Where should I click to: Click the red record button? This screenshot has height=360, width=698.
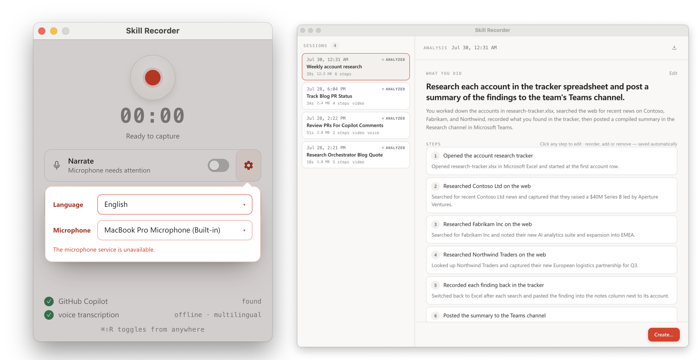153,78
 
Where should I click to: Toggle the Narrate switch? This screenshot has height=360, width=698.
218,165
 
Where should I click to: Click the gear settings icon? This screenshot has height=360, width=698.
249,165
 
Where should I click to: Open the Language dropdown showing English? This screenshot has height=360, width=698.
175,204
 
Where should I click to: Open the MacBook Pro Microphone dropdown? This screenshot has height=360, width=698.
175,230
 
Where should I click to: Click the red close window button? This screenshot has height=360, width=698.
42,31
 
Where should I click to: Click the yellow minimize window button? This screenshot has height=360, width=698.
54,31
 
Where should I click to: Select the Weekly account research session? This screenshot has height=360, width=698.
356,67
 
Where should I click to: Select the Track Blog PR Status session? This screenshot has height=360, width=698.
356,96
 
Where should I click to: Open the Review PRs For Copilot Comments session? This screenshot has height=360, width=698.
356,125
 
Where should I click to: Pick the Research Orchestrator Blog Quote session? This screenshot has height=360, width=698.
356,155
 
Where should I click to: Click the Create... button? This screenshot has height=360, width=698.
664,335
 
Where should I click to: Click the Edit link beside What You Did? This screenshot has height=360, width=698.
673,73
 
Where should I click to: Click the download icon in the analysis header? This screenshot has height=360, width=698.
674,48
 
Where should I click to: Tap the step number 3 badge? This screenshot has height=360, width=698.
435,224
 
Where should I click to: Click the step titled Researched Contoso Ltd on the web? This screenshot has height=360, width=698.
487,186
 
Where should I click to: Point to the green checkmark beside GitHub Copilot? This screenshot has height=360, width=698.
49,301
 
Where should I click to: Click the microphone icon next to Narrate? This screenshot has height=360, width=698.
57,165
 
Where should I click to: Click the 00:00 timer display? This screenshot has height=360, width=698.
153,116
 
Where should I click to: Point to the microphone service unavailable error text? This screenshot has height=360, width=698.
104,250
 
